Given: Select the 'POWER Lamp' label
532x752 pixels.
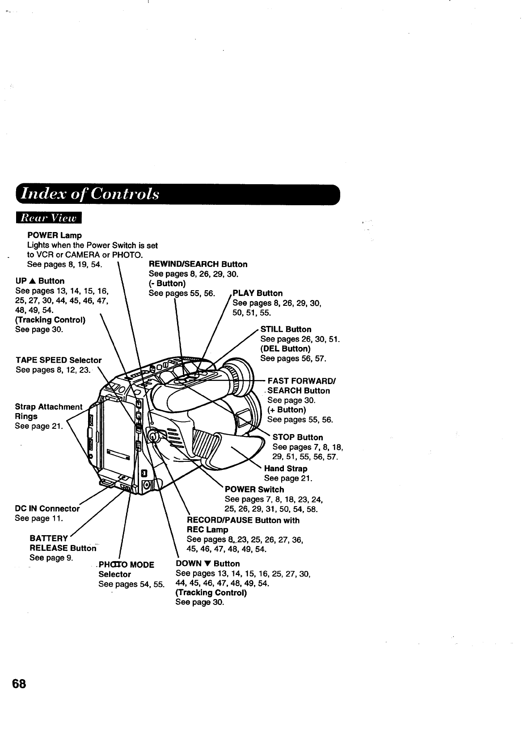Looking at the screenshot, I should (54, 235).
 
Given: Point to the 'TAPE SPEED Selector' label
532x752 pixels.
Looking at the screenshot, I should (59, 360).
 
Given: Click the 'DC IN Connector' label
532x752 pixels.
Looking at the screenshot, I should (47, 509).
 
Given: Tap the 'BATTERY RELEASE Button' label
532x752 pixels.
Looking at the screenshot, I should (63, 543).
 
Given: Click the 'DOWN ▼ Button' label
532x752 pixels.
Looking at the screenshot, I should (208, 564).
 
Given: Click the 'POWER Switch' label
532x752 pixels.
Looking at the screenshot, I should (254, 490).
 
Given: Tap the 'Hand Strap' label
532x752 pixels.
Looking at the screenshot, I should (286, 469).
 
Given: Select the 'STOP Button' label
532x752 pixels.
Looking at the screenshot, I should (297, 437).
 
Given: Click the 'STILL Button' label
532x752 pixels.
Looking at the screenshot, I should (286, 330).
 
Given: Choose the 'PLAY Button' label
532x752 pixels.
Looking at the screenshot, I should (258, 293).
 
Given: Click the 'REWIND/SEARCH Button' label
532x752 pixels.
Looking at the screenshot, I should (198, 264).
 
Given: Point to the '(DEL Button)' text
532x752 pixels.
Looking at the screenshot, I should (285, 349).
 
